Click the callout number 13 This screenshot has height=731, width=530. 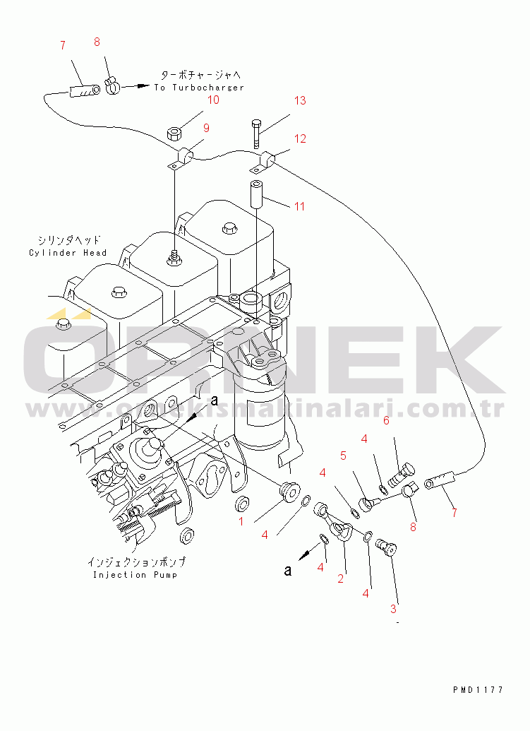tap(300, 100)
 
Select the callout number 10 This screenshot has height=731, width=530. tap(212, 100)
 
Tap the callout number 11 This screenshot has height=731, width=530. tap(300, 206)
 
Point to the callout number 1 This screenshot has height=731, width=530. tap(241, 521)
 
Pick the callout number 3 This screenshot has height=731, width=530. tap(394, 608)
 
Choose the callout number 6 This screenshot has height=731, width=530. tap(386, 422)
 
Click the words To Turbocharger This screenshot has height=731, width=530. tap(199, 88)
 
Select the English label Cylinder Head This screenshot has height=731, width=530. tap(68, 253)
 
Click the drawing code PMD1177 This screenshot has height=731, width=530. tap(478, 690)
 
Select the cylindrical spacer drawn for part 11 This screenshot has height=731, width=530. tap(256, 193)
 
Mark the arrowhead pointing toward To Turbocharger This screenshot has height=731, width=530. tap(143, 87)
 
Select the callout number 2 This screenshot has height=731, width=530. tap(341, 578)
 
